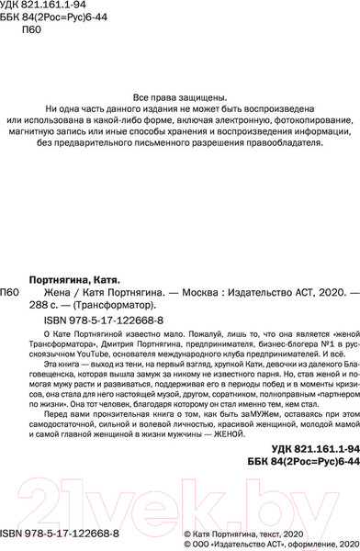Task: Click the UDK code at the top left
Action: [x=40, y=7]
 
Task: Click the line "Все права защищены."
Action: [x=179, y=99]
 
